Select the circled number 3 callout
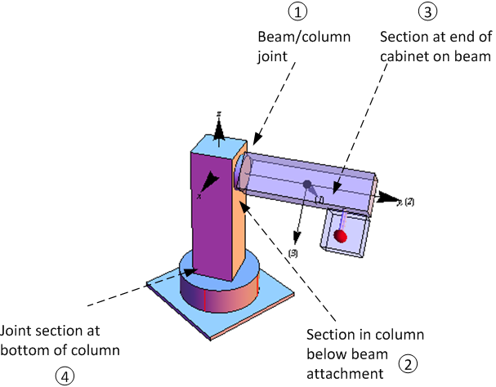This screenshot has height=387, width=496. coord(427,12)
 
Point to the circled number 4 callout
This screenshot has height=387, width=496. coord(63,375)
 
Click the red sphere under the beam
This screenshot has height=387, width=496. coord(341,237)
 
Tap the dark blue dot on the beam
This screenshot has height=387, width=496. coord(307,185)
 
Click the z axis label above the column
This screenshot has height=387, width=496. coord(218,113)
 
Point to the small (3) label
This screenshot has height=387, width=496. coord(293,254)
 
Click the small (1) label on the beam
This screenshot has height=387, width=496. coord(319,199)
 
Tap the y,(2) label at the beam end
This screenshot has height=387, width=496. coord(406,201)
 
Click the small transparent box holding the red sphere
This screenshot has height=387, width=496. coord(342,232)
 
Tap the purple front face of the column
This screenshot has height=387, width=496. coord(212,212)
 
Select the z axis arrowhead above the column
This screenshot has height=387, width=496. coord(218,127)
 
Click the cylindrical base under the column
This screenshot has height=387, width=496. coord(221,294)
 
